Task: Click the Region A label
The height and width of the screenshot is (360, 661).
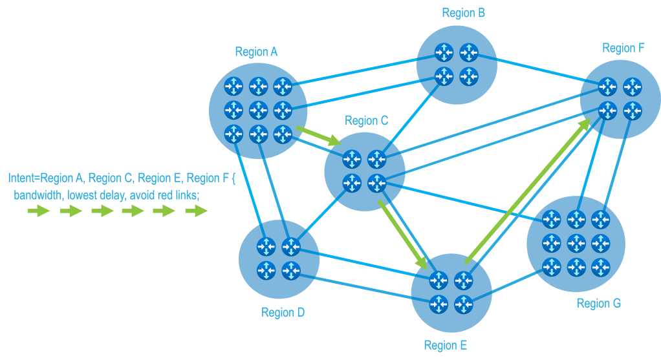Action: (x=256, y=52)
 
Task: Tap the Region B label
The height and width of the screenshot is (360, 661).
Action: (x=464, y=13)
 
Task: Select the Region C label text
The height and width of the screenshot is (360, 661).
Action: (x=366, y=120)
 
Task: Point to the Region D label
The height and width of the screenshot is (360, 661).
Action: (x=283, y=313)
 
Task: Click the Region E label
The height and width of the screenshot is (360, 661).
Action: (x=446, y=345)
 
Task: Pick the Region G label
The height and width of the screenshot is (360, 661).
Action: (x=599, y=303)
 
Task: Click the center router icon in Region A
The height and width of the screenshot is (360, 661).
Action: (x=258, y=109)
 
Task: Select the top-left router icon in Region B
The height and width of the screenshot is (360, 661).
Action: (x=444, y=52)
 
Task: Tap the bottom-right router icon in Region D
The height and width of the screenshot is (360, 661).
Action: (x=290, y=268)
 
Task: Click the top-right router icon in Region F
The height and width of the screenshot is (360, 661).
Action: (x=631, y=87)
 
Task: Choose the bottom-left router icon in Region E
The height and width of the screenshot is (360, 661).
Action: (x=439, y=302)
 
